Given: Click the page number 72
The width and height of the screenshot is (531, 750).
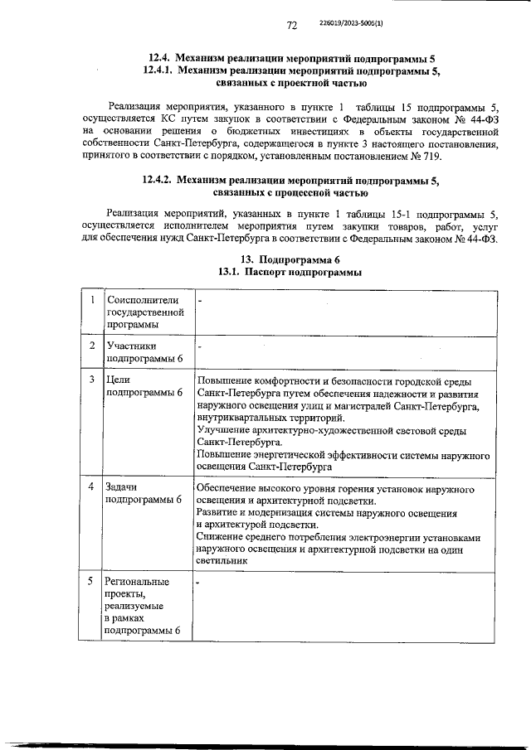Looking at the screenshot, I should point(292,26).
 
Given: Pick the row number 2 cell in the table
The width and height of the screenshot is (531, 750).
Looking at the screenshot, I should point(91,345).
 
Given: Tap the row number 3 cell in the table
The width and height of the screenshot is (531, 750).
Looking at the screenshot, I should point(91,380).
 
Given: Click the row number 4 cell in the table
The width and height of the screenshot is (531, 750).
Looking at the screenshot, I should point(91,486).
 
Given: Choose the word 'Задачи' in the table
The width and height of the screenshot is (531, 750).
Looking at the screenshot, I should point(123,486).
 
